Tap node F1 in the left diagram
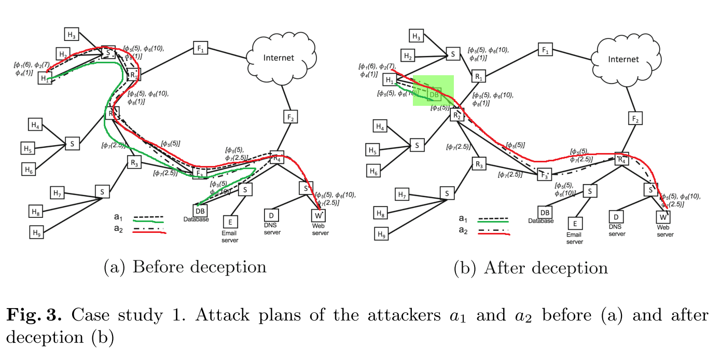[x=200, y=48]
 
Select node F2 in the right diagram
[x=634, y=119]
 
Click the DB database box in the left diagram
[x=200, y=210]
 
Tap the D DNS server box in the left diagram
[x=271, y=214]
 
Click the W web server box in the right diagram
[x=662, y=217]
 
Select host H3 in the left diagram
[x=72, y=35]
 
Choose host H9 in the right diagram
[x=381, y=234]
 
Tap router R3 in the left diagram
[x=134, y=163]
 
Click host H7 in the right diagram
[x=401, y=195]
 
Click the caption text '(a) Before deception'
[x=185, y=267]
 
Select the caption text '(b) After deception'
[x=530, y=268]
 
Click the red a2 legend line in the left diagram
[x=149, y=233]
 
